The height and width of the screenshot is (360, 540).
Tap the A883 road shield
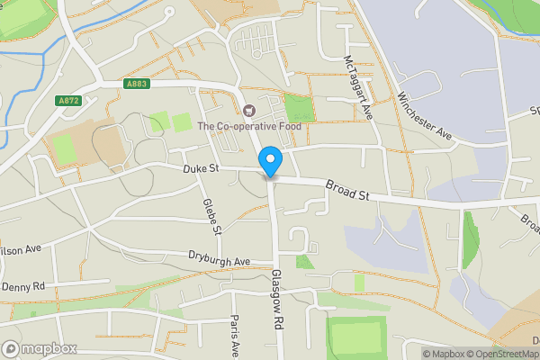point(138,84)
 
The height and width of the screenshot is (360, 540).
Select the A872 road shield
point(68,100)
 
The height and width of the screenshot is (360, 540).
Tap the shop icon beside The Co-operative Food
point(249,112)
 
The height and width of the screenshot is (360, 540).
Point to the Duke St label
point(200,167)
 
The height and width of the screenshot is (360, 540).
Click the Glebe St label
point(211,217)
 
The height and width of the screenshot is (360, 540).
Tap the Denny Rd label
point(22,286)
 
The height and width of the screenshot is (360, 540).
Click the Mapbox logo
point(40,348)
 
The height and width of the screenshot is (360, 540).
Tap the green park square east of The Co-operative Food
point(298,108)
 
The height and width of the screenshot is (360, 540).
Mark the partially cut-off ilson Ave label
point(21,248)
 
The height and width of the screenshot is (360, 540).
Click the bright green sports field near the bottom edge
point(355,337)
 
